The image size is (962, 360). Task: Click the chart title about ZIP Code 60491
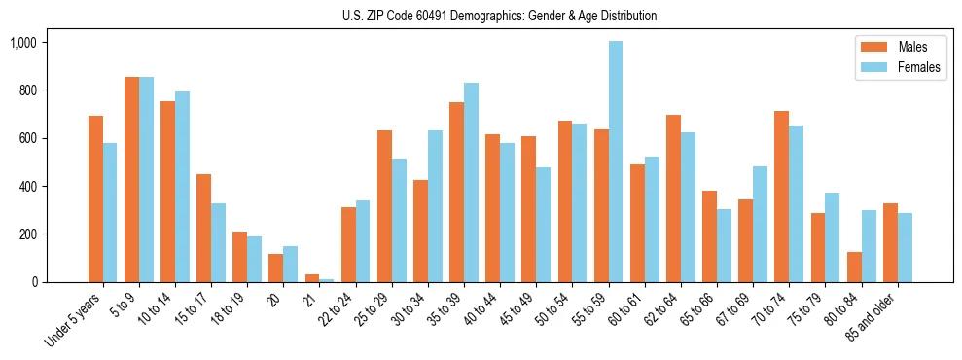pos(499,16)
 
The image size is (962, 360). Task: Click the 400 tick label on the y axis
pos(26,186)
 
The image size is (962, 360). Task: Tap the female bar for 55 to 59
pos(615,162)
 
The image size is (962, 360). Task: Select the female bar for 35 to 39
pos(471,183)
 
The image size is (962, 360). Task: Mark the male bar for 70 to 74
pos(781,197)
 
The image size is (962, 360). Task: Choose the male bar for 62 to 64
pos(673,198)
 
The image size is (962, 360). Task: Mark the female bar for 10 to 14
pos(183,187)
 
